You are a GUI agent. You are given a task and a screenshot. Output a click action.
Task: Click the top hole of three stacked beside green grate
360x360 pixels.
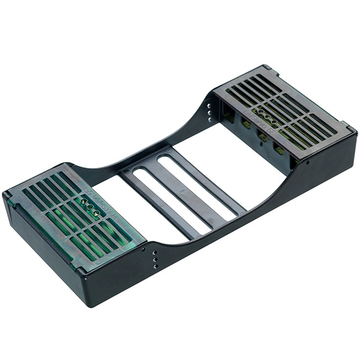(155, 253)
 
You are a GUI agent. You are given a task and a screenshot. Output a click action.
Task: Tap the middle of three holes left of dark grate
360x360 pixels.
(209, 111)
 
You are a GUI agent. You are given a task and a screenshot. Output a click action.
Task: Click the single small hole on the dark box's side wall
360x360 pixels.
(307, 161)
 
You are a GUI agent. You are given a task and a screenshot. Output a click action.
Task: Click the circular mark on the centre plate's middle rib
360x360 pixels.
(183, 193)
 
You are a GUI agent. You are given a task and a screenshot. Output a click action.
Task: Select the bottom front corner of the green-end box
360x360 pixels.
(90, 303)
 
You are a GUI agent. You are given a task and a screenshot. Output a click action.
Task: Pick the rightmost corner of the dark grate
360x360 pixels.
(356, 130)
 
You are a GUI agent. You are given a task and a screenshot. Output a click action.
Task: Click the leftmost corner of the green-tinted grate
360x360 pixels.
(5, 196)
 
